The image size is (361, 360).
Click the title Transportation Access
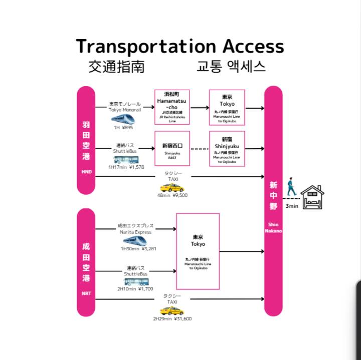tap(180, 46)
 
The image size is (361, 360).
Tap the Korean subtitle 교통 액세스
tap(231, 66)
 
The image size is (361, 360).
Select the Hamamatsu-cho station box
tap(172, 108)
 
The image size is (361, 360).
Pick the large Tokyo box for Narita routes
tap(198, 251)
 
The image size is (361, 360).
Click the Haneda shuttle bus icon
tap(125, 160)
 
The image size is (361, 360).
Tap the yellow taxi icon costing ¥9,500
tap(172, 188)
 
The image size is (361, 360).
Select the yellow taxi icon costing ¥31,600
tap(172, 311)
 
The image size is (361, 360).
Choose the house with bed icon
tap(312, 197)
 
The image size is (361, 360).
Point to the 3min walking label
tap(292, 206)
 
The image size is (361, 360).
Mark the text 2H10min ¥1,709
tap(135, 289)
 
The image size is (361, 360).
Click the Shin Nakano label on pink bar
tap(273, 228)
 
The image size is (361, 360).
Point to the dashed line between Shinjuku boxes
tap(200, 149)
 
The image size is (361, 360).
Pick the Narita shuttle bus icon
tap(136, 281)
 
